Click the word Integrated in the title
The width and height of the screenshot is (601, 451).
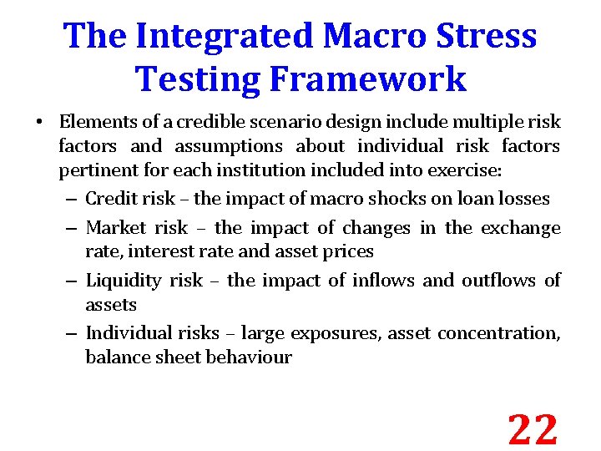(224, 36)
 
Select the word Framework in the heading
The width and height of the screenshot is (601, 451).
(361, 79)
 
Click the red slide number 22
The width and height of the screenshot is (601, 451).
(533, 430)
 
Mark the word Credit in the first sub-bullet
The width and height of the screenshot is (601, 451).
(108, 199)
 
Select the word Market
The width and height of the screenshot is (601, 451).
(114, 228)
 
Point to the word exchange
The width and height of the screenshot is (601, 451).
(522, 228)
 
